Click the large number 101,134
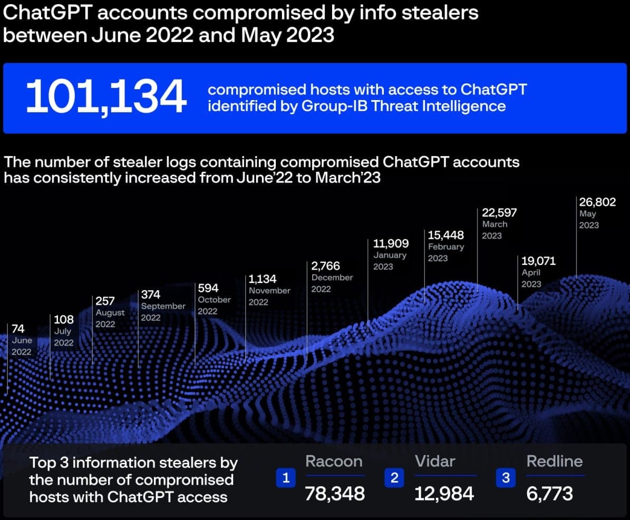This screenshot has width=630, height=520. pos(106,97)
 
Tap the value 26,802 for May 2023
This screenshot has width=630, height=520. pos(597,202)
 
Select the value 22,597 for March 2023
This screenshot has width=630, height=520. pos(499,213)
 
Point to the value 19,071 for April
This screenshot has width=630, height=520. pos(538,261)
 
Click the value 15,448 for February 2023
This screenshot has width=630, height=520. pos(445,235)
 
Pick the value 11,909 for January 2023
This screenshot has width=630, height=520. pos(391,243)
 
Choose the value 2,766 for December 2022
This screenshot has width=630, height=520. pos(326,266)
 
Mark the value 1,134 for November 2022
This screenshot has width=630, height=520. pos(263,279)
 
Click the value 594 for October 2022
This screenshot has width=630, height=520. pos(208,288)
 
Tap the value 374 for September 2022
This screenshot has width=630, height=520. pos(151,295)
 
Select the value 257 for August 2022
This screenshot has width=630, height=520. pos(105,301)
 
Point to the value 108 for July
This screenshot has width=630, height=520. pos(64,320)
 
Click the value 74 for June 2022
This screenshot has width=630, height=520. pos(18,329)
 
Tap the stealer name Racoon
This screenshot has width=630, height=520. pos(334,462)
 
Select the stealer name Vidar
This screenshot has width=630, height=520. pos(435,462)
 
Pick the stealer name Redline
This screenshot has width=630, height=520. pos(555,462)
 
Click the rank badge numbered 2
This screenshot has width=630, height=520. pos(394,478)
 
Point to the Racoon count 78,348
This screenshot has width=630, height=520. pos(335,494)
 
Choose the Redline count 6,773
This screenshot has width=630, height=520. pos(550,494)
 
